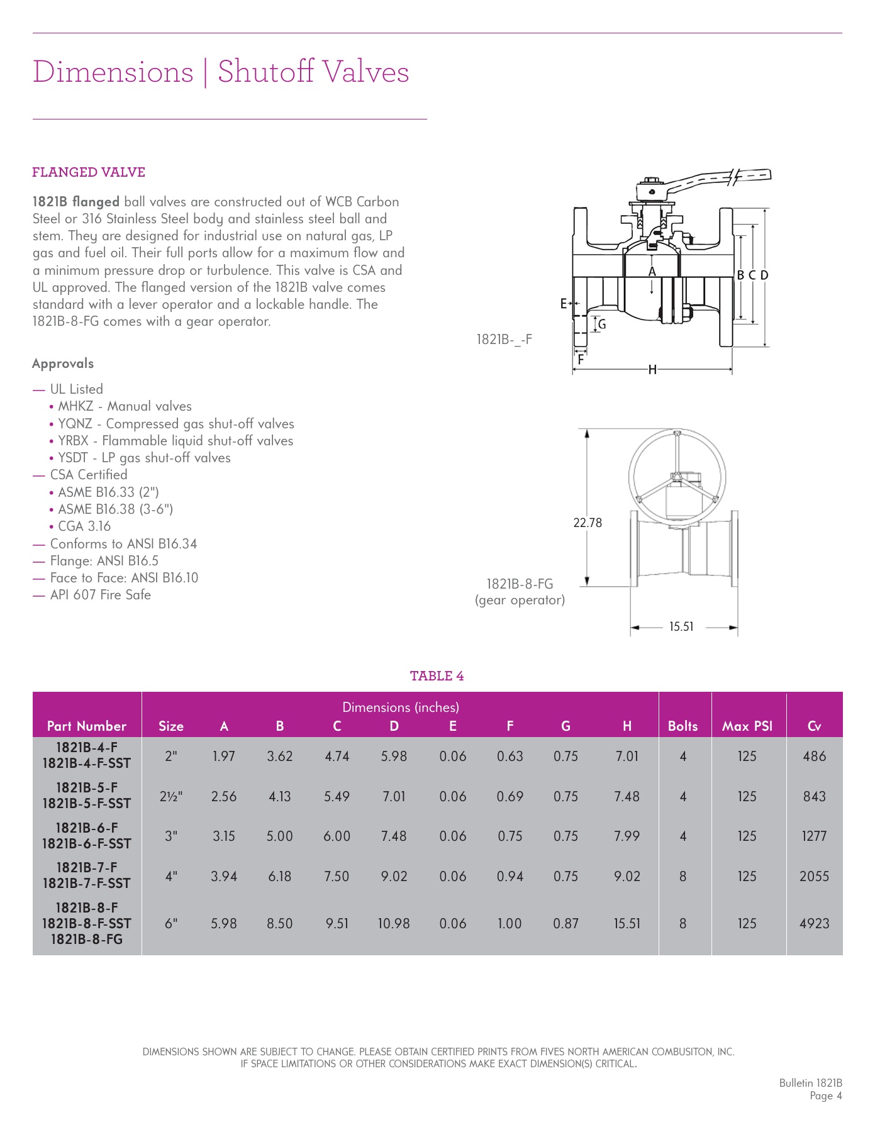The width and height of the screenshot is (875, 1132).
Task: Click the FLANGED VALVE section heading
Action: [x=89, y=172]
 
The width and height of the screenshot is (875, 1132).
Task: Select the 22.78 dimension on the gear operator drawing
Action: [x=588, y=523]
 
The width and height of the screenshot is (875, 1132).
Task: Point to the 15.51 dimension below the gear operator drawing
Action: [x=681, y=626]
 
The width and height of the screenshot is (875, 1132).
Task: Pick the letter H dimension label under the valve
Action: [x=652, y=370]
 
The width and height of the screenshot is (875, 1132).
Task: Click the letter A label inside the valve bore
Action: [x=652, y=272]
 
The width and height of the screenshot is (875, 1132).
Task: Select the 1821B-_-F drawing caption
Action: [x=504, y=340]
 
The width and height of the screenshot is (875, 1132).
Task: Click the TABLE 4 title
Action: [x=437, y=676]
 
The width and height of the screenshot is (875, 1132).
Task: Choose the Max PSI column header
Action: [x=747, y=726]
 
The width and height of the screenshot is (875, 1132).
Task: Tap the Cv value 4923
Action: [x=814, y=923]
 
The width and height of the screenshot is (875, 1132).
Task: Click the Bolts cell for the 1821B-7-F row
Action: [x=683, y=876]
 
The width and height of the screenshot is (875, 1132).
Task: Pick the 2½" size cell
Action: [x=171, y=796]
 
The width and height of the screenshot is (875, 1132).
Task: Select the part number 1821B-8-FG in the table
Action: [x=87, y=940]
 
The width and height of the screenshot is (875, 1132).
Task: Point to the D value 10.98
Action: [x=394, y=923]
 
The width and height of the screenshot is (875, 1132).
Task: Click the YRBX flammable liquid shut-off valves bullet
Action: [x=176, y=441]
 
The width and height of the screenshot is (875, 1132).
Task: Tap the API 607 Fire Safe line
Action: [x=101, y=595]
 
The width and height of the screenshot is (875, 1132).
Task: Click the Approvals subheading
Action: [x=63, y=363]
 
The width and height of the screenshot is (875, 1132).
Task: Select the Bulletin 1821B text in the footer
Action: [x=810, y=1083]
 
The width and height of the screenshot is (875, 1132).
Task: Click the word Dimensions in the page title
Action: [x=113, y=72]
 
